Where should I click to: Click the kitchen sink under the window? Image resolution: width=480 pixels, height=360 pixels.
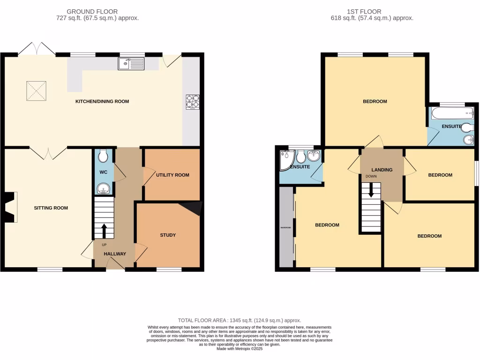click(131, 64)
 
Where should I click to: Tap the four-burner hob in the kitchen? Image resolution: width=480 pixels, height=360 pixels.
click(192, 102)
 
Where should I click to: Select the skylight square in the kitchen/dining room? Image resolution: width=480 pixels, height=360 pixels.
click(36, 90)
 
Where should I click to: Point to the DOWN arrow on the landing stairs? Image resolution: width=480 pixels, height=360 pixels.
click(371, 189)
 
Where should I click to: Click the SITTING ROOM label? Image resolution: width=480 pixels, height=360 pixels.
click(51, 208)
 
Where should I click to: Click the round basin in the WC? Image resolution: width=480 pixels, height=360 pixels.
click(104, 189)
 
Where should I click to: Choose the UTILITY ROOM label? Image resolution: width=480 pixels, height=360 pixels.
click(172, 175)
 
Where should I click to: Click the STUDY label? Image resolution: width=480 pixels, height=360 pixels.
click(168, 235)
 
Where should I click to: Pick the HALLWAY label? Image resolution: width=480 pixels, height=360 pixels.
click(115, 254)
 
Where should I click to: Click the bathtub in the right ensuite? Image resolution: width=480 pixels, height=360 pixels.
click(452, 113)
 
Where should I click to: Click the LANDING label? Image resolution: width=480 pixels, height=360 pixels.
click(382, 170)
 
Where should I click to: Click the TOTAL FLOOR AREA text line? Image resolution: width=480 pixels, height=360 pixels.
click(240, 320)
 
